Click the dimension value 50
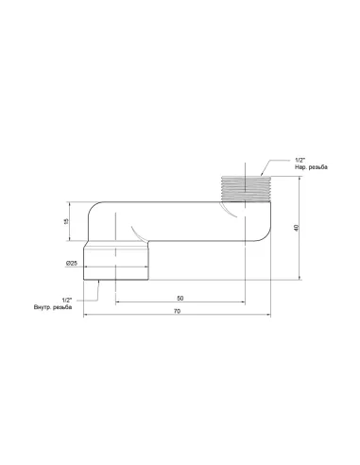click(180, 298)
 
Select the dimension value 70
click(178, 311)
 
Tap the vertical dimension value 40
click(296, 228)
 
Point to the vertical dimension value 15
click(66, 221)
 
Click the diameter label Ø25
click(72, 263)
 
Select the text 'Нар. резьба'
click(311, 167)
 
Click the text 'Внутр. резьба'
click(53, 307)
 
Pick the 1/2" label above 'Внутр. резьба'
click(67, 300)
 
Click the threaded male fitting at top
click(246, 189)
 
